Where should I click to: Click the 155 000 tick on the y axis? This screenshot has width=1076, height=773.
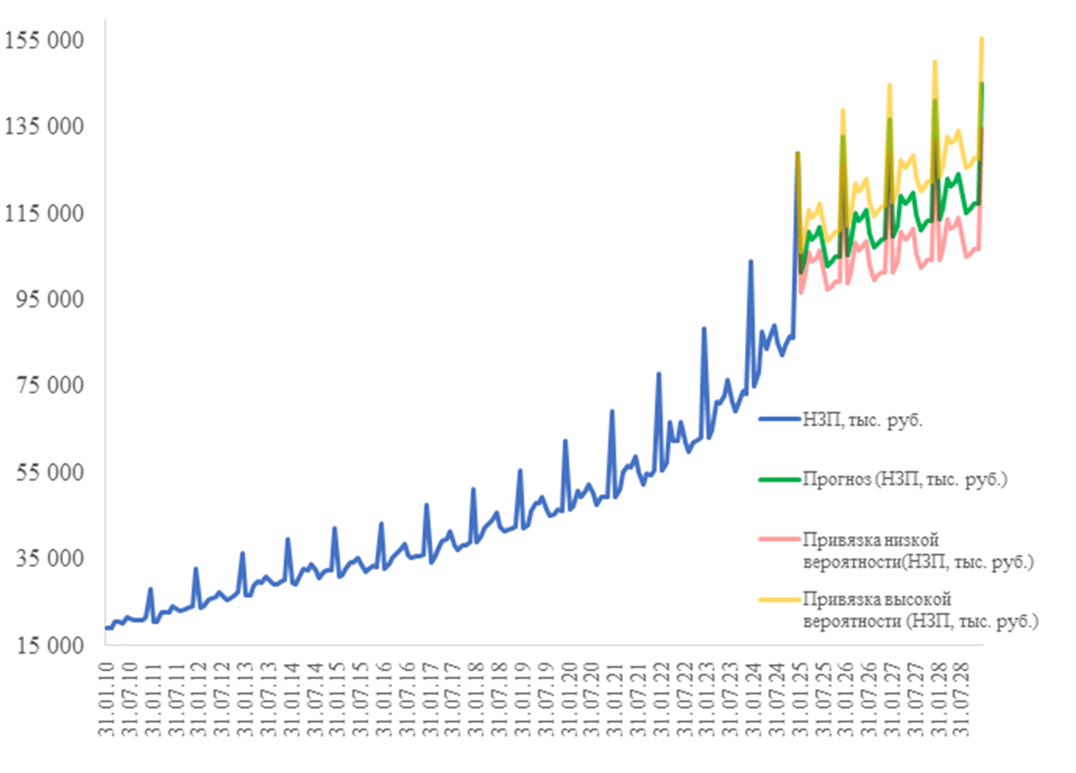tap(44, 41)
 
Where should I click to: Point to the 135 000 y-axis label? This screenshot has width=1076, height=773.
tap(44, 126)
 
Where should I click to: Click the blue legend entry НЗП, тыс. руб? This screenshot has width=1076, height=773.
tap(862, 420)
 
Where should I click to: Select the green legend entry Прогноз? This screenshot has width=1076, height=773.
tap(904, 479)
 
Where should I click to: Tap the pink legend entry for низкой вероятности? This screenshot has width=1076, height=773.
tap(917, 551)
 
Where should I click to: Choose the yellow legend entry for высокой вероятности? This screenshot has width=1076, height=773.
tap(920, 610)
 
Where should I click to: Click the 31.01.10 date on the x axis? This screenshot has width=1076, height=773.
tap(106, 699)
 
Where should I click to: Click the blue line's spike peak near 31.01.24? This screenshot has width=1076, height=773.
tap(751, 261)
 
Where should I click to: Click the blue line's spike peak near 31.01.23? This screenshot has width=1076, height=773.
tap(704, 328)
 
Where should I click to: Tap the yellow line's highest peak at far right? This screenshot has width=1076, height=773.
tap(982, 37)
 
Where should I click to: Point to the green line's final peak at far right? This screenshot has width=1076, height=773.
tap(982, 83)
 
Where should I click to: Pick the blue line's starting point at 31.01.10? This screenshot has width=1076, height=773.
tap(106, 628)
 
